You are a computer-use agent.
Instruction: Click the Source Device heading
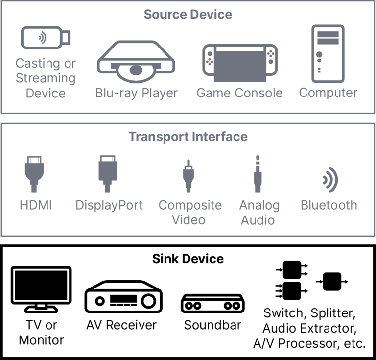[188, 14]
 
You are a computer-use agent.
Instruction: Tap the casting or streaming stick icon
[46, 38]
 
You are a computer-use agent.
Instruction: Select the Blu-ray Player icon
[136, 61]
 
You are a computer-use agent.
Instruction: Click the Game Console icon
[239, 63]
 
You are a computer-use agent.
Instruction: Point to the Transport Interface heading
[188, 136]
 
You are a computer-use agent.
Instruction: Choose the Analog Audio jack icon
[258, 175]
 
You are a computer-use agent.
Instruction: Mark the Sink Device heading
[188, 258]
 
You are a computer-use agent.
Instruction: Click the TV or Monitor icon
[41, 289]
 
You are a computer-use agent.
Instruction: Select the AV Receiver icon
[123, 297]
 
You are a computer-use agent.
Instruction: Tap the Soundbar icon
[212, 304]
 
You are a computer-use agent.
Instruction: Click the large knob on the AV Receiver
[148, 300]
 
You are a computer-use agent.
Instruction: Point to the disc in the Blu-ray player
[136, 71]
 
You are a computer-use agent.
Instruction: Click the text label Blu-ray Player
[136, 93]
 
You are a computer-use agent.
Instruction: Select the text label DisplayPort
[109, 205]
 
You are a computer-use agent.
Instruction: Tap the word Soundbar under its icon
[212, 325]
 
